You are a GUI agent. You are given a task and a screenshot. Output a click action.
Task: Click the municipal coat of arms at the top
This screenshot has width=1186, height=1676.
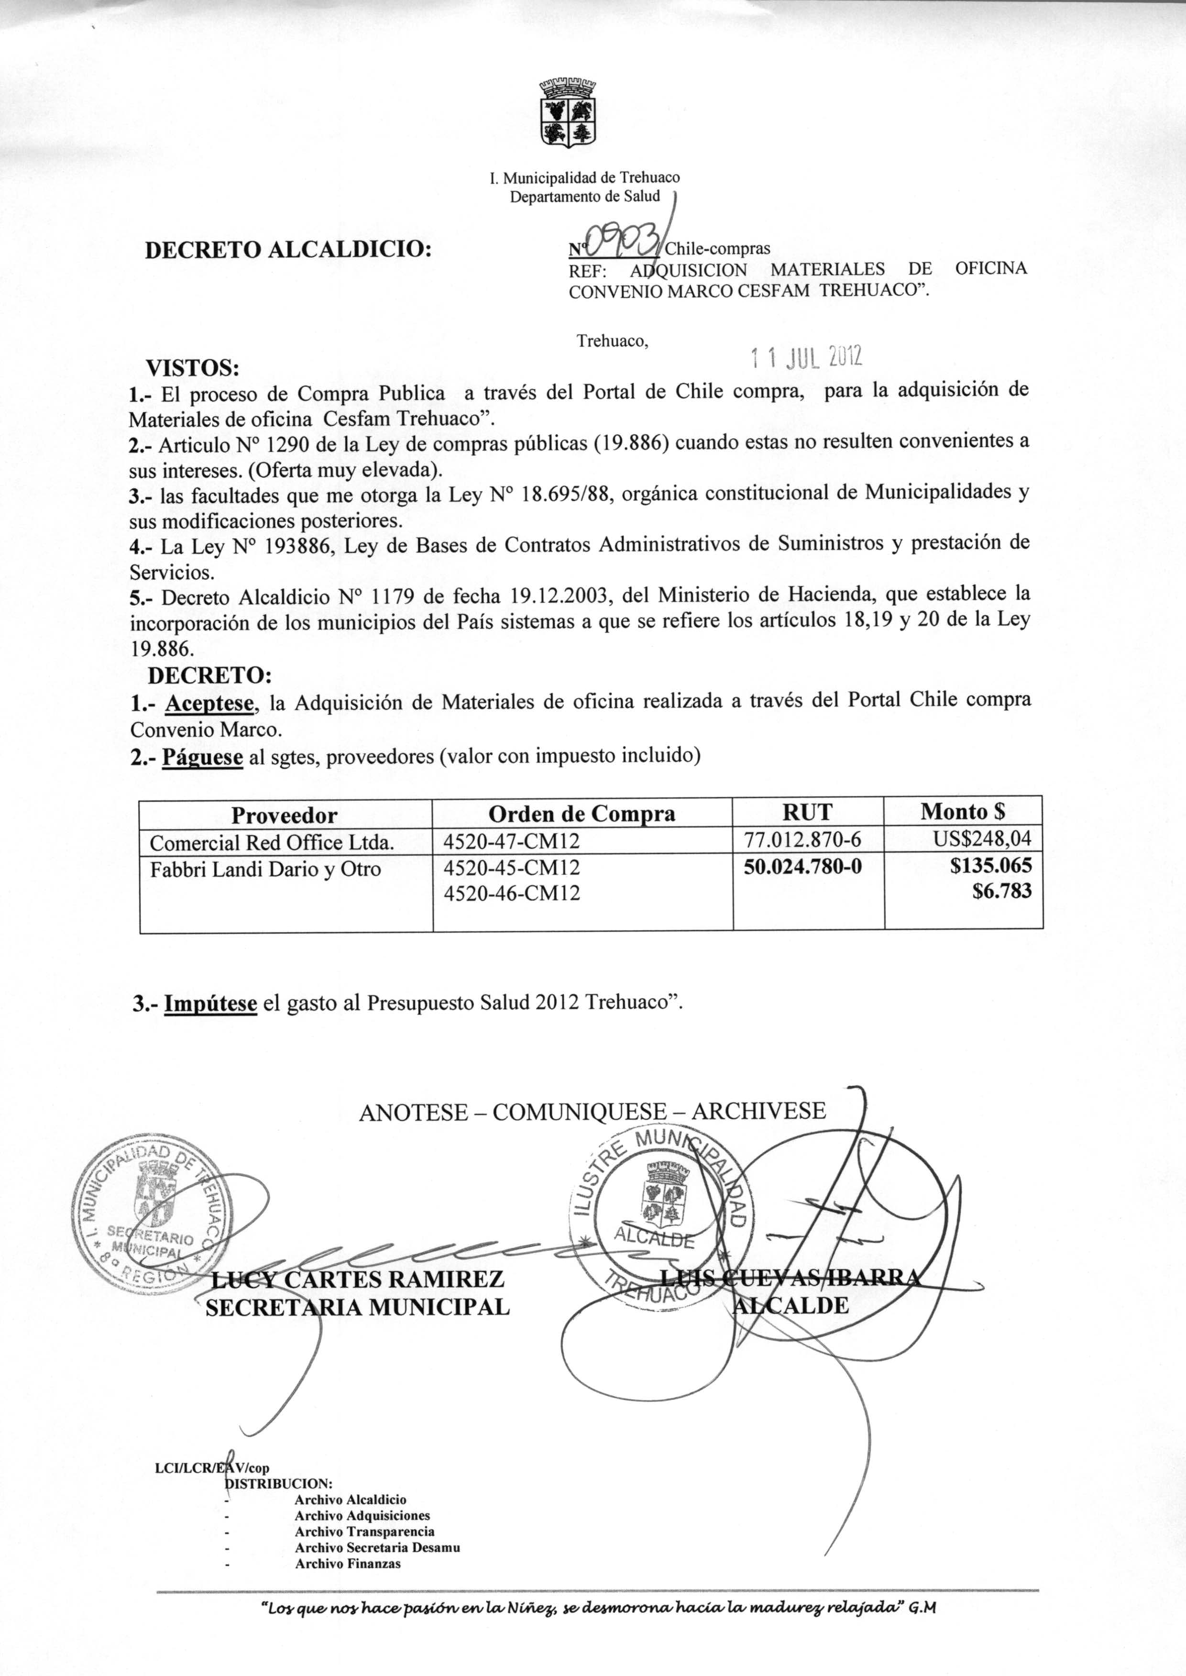pos(568,115)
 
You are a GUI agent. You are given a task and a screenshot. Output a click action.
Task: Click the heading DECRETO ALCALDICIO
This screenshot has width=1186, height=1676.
pos(288,250)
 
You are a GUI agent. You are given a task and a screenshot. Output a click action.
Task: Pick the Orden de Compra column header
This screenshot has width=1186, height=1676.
pos(582,814)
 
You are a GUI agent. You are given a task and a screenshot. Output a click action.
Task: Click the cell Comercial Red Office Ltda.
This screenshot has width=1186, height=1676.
pos(272,843)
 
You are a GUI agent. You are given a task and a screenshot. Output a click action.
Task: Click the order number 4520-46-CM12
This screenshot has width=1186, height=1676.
pos(512,893)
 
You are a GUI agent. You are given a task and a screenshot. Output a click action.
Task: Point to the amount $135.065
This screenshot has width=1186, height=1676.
pos(990,866)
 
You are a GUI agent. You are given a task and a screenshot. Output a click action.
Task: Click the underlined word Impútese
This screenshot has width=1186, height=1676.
pos(210,1003)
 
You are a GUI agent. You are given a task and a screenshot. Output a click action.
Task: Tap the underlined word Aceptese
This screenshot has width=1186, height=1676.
pos(210,703)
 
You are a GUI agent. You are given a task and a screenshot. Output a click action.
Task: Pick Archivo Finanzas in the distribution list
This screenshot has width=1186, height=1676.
pos(348,1564)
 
